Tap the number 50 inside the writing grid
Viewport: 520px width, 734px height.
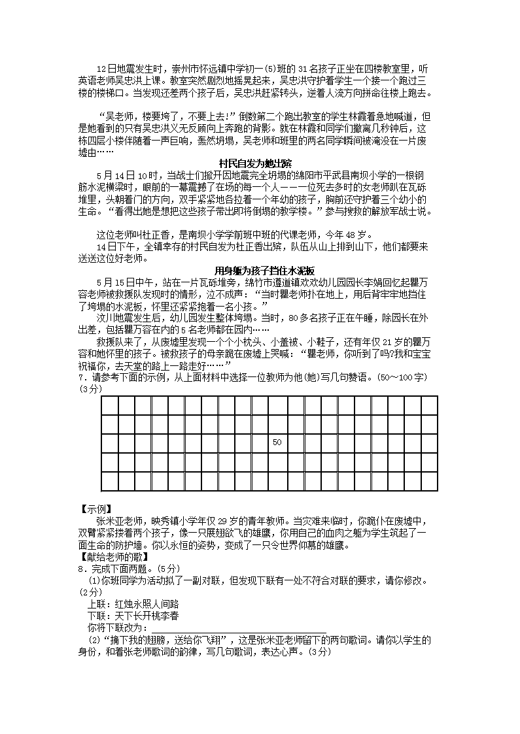(x=277, y=442)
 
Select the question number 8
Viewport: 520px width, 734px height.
(x=80, y=569)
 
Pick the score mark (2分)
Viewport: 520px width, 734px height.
(x=90, y=592)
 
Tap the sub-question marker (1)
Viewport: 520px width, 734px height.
(x=95, y=580)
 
